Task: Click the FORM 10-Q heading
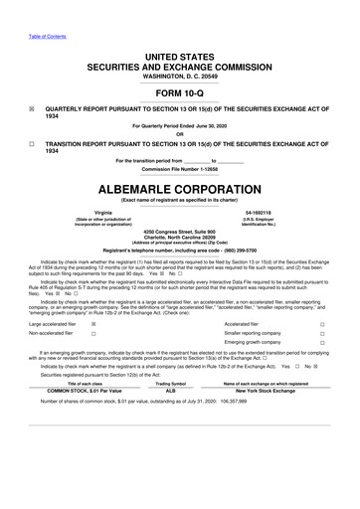click(x=179, y=93)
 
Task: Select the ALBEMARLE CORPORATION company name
click(x=179, y=186)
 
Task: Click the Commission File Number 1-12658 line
click(x=179, y=168)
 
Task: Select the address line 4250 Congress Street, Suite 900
click(x=179, y=232)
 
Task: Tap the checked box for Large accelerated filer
click(x=93, y=324)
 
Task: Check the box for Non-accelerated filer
click(x=93, y=335)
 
